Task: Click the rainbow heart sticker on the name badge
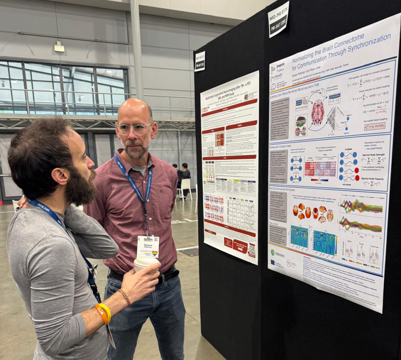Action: [x=154, y=253]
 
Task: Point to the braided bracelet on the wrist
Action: [x=125, y=297]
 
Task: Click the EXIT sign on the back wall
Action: [x=59, y=48]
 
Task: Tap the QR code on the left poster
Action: [x=252, y=250]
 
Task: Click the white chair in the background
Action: [x=186, y=187]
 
